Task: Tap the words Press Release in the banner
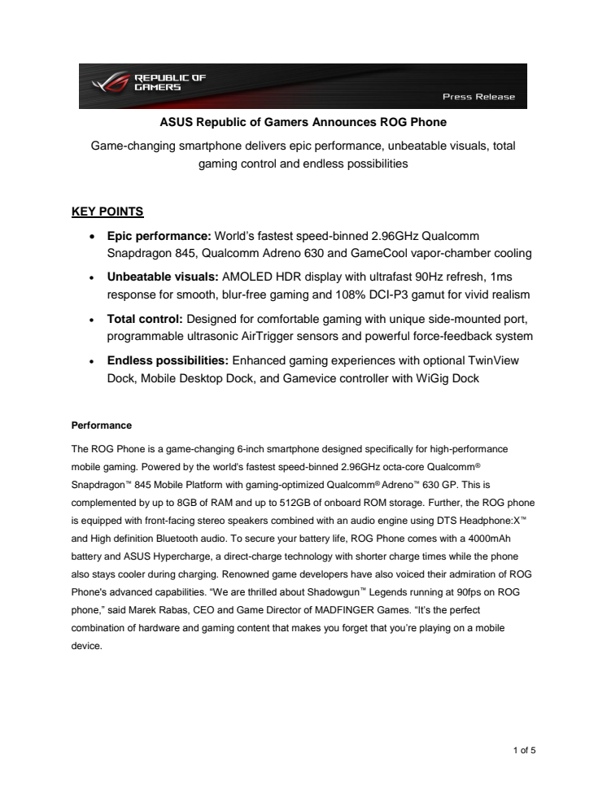(478, 97)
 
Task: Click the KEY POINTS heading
(108, 212)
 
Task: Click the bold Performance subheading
(102, 425)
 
